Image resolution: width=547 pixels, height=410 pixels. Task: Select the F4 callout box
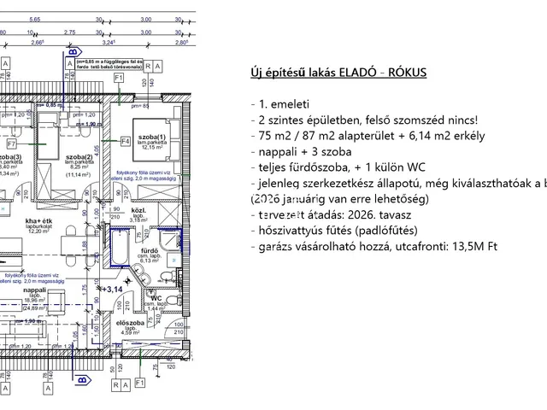tap(124, 140)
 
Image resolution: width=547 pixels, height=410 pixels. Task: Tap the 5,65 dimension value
tap(34, 18)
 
